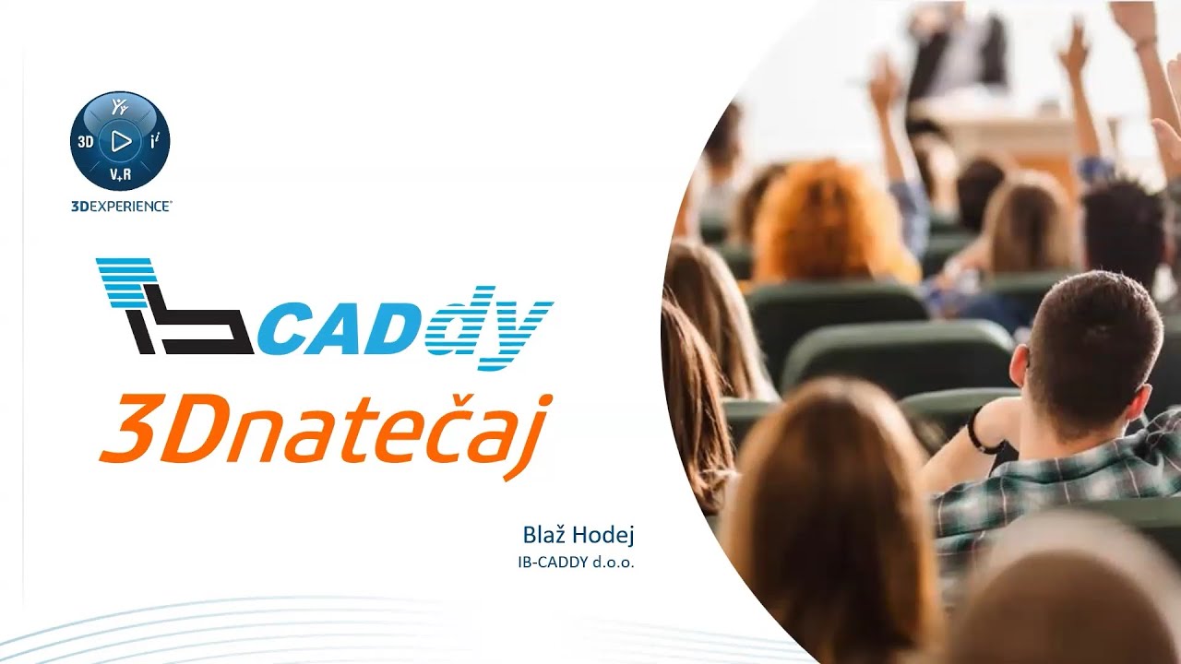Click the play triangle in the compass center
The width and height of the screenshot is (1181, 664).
click(x=120, y=141)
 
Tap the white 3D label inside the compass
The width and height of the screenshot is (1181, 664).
click(x=86, y=142)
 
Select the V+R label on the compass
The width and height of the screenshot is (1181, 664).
click(x=120, y=175)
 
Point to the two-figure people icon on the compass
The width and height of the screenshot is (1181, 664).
click(x=120, y=107)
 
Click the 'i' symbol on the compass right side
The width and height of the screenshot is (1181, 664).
click(x=154, y=141)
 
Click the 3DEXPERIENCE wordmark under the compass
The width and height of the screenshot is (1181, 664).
click(x=120, y=207)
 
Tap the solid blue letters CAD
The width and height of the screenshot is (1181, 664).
click(x=346, y=329)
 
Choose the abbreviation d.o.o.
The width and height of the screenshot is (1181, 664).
click(x=616, y=561)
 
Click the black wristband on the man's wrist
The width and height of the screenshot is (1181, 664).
click(x=981, y=432)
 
